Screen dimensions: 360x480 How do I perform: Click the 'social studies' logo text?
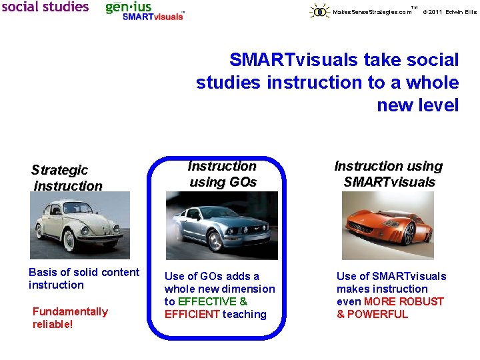click(x=45, y=7)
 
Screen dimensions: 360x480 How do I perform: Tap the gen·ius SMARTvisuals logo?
click(x=145, y=11)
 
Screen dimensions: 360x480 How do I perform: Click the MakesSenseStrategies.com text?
click(x=372, y=12)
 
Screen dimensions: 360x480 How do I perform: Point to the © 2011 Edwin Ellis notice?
click(x=451, y=12)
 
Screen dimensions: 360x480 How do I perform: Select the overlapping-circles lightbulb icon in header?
click(x=320, y=11)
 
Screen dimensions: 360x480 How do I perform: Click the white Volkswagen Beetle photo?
click(x=80, y=225)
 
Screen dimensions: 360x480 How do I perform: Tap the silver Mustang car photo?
click(x=222, y=226)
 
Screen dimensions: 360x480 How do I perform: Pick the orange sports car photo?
click(x=387, y=226)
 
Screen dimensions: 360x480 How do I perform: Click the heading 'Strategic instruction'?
click(x=67, y=178)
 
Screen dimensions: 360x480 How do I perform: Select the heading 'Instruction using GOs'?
click(x=222, y=174)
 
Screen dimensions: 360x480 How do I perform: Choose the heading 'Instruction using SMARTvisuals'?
click(x=389, y=174)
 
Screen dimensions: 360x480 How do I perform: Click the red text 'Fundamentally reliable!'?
click(x=70, y=317)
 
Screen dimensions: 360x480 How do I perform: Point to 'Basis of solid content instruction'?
click(x=84, y=278)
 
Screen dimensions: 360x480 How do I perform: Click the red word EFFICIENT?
click(x=192, y=314)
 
